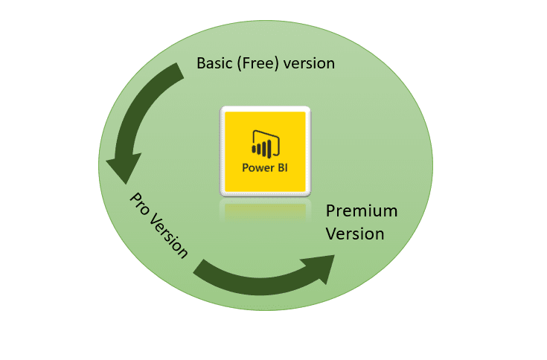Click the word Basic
click(x=214, y=63)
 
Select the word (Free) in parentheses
click(x=257, y=64)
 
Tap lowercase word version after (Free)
click(x=309, y=64)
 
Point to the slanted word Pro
click(x=140, y=204)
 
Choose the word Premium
click(x=362, y=211)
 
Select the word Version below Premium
click(x=355, y=234)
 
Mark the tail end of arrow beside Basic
click(x=180, y=71)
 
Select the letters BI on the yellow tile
click(x=282, y=167)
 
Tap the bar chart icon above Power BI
click(x=266, y=144)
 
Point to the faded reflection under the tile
click(x=265, y=211)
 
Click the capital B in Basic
click(x=201, y=63)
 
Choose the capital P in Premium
click(x=330, y=211)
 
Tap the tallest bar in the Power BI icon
click(x=269, y=149)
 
